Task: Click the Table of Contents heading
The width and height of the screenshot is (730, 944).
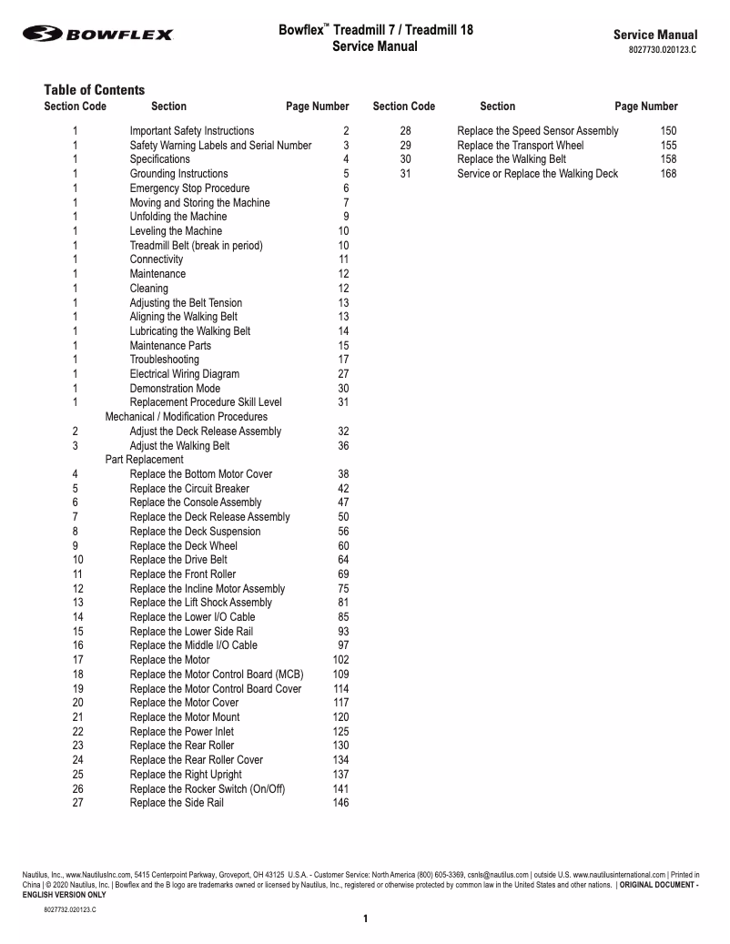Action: pos(94,89)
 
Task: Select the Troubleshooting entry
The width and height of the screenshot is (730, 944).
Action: pos(164,360)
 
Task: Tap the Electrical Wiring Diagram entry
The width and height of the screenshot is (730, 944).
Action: pos(184,374)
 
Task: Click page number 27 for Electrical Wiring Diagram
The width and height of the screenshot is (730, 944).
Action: pos(343,374)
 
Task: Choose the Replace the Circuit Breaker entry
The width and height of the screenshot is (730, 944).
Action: pos(189,489)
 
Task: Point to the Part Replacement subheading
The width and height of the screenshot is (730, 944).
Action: pos(144,460)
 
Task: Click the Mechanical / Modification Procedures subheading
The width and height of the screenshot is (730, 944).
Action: pos(186,417)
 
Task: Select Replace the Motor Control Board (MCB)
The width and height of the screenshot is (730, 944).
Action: pos(216,675)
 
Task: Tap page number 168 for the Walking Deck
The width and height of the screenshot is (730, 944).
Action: pos(668,174)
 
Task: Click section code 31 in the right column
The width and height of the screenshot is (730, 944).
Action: pos(405,174)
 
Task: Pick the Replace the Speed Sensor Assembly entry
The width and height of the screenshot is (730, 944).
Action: pos(537,131)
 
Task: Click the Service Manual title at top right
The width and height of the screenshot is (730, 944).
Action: pos(655,35)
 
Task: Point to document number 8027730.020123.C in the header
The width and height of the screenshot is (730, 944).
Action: pos(662,50)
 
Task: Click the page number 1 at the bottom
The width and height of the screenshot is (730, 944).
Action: pos(365,919)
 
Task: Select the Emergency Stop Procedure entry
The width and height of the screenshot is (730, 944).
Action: pos(189,188)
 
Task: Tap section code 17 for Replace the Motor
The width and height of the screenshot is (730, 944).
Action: pos(77,660)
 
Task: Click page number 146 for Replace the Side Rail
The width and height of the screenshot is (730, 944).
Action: pos(340,803)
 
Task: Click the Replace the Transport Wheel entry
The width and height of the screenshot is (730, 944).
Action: pos(520,146)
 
